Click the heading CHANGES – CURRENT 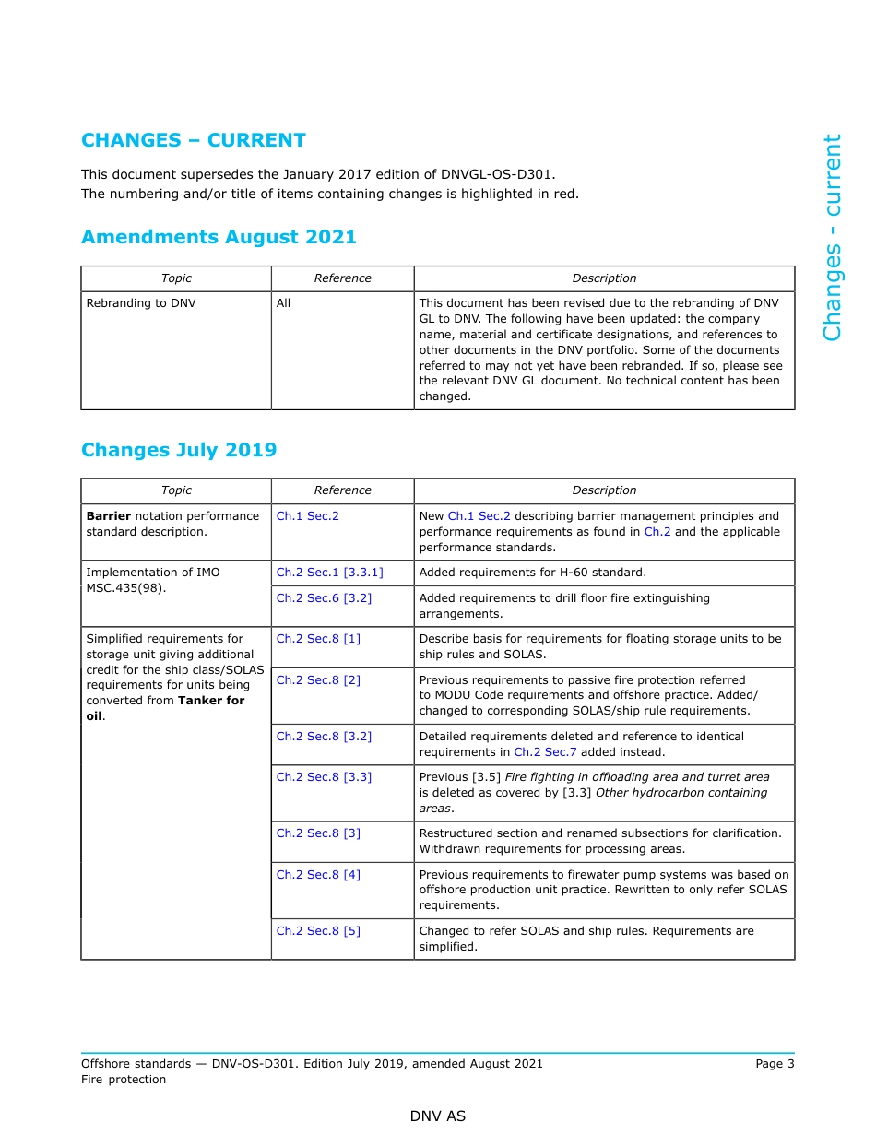coord(194,140)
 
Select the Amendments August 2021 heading coord(219,237)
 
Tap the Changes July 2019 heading coord(179,450)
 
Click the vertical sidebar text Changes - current coord(832,238)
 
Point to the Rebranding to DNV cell coord(141,302)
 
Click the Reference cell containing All coord(283,302)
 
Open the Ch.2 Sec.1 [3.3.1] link coord(329,573)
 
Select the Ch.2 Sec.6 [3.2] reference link coord(324,598)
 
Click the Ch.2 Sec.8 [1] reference coord(318,639)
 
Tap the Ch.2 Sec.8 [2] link coord(318,680)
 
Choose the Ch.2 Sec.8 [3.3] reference coord(324,777)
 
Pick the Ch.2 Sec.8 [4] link coord(318,875)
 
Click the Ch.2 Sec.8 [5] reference coord(318,931)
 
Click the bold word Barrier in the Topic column coord(109,516)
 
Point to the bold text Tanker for coord(211,701)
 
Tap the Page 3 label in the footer coord(775,1064)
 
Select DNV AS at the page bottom coord(438,1116)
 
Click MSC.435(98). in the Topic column coord(126,588)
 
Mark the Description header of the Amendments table coord(604,278)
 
